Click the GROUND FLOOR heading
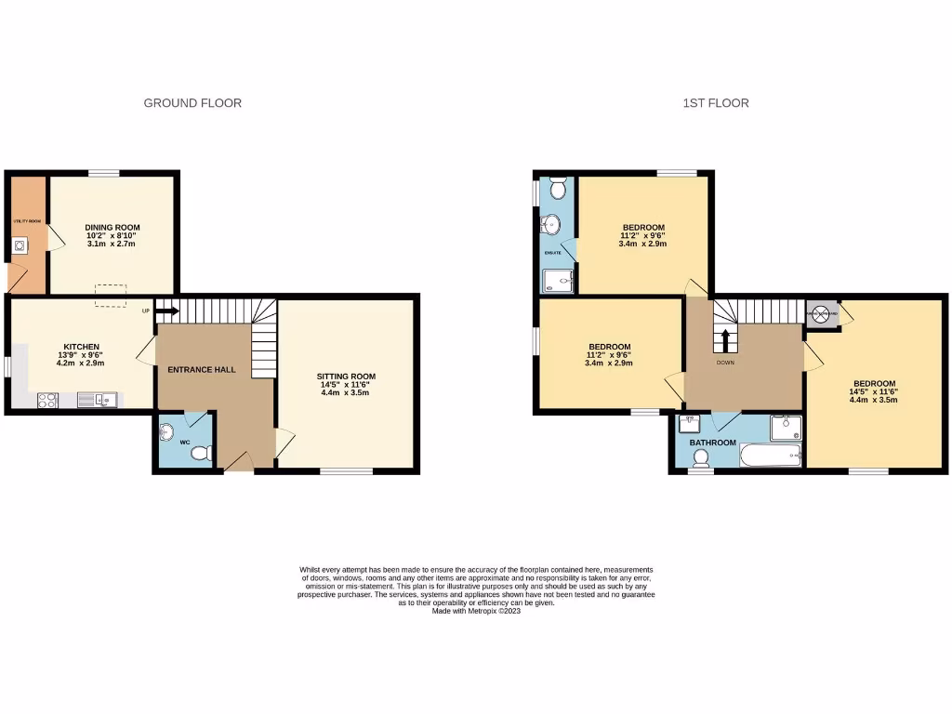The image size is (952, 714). [192, 103]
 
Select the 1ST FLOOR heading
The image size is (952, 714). [715, 103]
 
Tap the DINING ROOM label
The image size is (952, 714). [112, 228]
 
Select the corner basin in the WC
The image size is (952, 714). [167, 431]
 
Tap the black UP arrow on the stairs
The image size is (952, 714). [167, 311]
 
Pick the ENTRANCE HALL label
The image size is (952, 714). [201, 369]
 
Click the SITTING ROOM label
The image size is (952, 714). [346, 377]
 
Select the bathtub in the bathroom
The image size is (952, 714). [769, 455]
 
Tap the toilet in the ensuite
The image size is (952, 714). [559, 189]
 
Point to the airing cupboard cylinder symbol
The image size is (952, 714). [822, 314]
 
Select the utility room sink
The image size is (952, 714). [20, 246]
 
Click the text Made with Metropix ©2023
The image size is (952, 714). [476, 611]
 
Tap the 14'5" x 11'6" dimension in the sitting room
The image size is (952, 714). [346, 385]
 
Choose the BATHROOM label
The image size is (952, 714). [712, 443]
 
